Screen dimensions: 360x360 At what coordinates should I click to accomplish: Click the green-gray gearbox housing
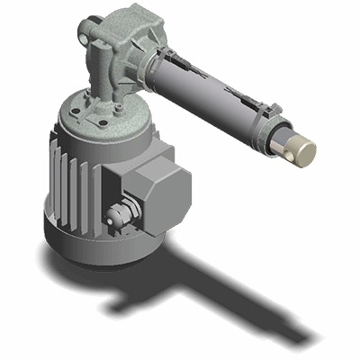coord(126,36)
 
